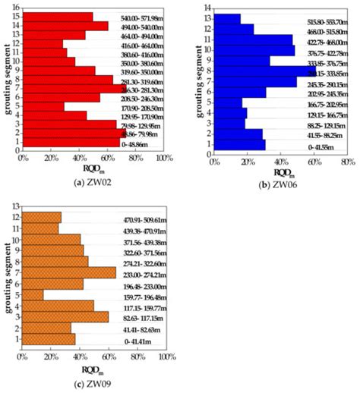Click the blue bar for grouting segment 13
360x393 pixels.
point(227,19)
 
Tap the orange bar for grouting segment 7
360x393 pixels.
point(69,272)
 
